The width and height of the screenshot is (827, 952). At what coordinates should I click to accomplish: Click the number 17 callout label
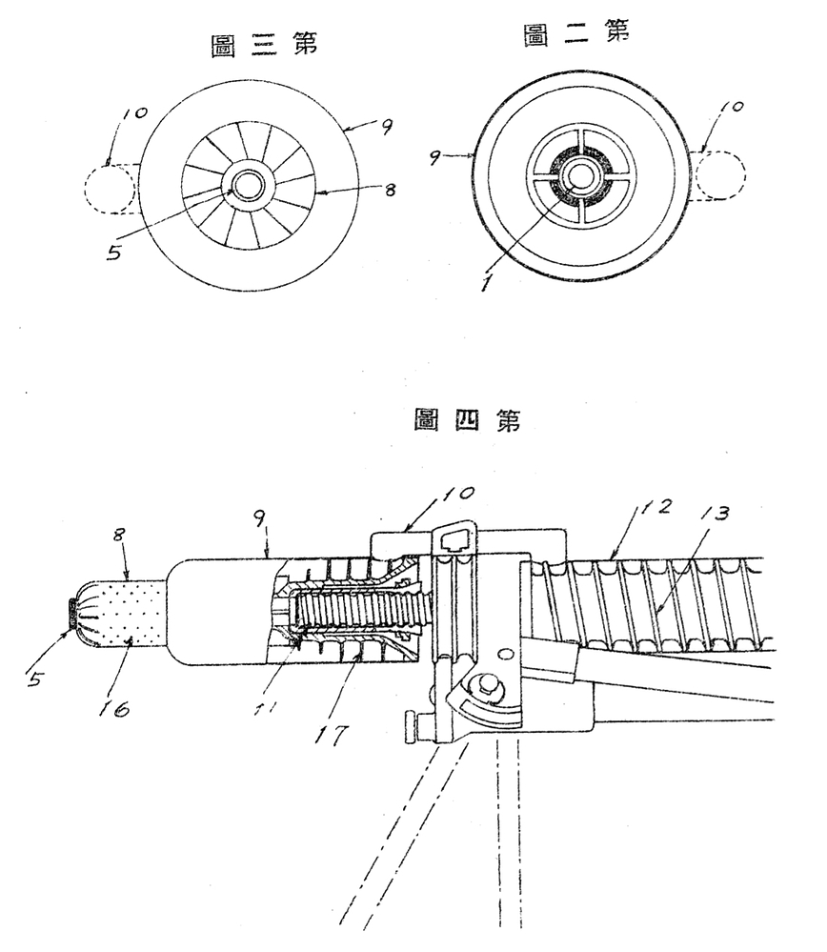[332, 735]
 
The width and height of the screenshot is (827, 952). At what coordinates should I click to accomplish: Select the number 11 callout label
[264, 707]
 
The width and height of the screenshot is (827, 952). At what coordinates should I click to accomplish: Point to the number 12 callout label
[657, 506]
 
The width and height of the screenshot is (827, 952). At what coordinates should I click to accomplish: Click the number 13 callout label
[714, 513]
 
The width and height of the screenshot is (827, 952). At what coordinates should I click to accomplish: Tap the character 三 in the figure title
[264, 45]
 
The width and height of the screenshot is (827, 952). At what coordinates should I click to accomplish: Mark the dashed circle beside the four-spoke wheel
[720, 174]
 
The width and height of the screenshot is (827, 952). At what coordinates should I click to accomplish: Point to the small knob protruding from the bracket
[412, 726]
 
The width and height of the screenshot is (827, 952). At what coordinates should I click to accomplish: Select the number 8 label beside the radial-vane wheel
[391, 191]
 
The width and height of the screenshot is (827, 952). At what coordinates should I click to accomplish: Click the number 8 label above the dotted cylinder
[118, 535]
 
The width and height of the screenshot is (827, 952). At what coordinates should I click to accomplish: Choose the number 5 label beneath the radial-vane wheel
[114, 252]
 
